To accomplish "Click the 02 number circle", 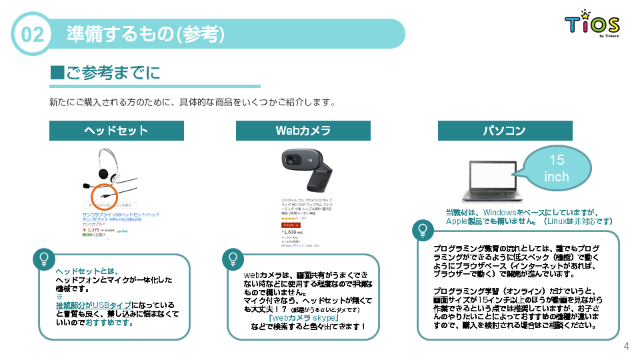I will (31, 34).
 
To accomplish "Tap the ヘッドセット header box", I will (116, 131).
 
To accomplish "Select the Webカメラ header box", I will (303, 131).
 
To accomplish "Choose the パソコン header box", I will (505, 131).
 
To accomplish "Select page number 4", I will (625, 346).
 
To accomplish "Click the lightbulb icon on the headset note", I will (44, 258).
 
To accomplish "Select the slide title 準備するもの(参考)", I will (145, 34).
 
